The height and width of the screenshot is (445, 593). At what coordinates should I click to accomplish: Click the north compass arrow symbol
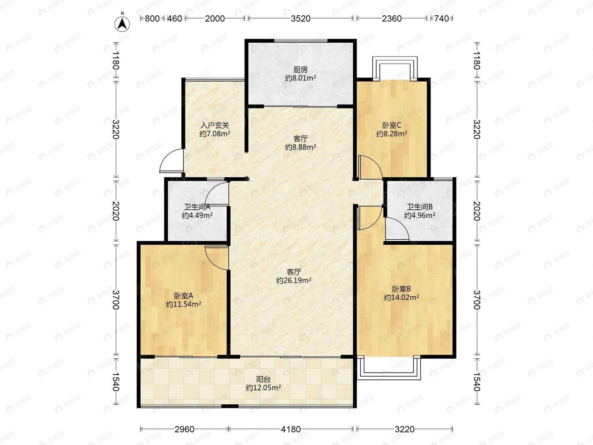point(122,24)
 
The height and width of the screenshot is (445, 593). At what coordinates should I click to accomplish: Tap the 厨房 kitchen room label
point(300,70)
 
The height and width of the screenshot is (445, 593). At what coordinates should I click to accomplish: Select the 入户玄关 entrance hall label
point(215,125)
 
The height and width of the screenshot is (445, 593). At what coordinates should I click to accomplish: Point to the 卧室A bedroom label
point(183,296)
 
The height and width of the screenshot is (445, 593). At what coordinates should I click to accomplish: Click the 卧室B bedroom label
point(401,289)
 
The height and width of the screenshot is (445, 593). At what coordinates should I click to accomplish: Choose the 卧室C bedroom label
point(392,125)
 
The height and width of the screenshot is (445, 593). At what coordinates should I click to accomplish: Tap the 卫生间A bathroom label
point(197,207)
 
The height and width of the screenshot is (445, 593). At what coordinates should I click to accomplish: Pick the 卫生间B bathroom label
point(420,207)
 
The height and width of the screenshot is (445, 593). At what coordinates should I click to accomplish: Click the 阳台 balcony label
point(263,379)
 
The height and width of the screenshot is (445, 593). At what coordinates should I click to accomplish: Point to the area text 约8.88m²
point(301,147)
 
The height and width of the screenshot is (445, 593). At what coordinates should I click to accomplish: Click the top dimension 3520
point(301,19)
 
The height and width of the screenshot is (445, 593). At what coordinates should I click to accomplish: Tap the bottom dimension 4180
point(291,429)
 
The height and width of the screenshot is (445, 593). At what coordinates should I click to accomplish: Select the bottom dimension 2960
point(185,429)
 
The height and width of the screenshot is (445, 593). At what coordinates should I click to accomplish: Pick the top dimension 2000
point(215,19)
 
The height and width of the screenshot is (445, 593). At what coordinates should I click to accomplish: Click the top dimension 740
point(441,19)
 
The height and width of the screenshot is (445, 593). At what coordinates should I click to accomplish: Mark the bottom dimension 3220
point(405,429)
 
